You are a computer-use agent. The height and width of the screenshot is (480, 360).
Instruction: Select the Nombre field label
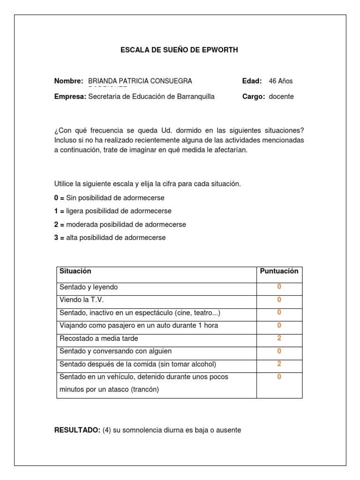point(68,81)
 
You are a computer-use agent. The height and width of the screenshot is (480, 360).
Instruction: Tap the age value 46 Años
point(280,81)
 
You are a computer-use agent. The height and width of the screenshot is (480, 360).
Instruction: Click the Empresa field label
point(70,97)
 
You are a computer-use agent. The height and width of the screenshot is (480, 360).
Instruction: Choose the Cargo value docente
point(281,97)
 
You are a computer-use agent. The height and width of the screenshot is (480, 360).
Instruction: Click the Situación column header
point(75,271)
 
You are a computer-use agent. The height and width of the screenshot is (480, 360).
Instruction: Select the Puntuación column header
point(279,271)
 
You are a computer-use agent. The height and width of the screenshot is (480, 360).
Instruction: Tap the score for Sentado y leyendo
point(279,287)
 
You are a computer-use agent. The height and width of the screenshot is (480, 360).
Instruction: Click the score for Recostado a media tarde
point(279,338)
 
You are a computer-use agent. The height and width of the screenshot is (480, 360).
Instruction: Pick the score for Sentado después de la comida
point(279,363)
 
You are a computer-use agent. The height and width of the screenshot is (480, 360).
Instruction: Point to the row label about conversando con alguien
point(115,351)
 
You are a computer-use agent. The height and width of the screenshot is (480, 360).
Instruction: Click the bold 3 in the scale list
point(56,238)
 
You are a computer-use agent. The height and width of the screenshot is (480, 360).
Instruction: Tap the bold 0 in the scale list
point(56,198)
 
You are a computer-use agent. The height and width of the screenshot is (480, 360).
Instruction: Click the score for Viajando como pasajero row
point(279,325)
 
